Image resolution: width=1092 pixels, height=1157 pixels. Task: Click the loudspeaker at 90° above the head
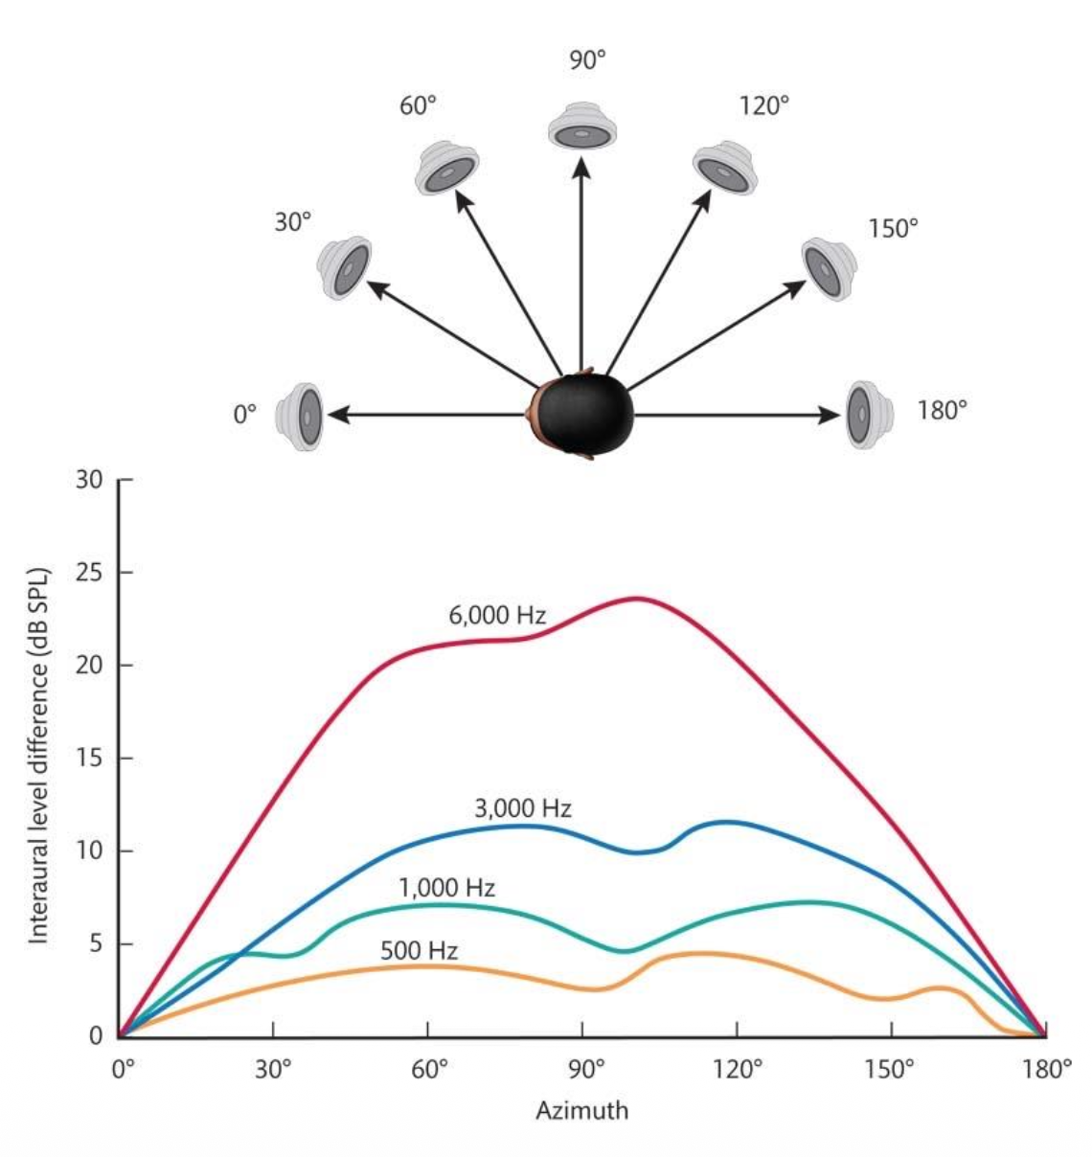tap(580, 126)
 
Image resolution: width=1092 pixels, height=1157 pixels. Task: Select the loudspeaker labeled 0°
tap(300, 417)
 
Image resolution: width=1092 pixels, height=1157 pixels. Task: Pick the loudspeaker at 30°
tap(345, 267)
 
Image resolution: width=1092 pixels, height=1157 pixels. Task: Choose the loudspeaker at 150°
tap(829, 268)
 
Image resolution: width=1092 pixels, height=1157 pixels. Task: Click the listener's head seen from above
tap(582, 415)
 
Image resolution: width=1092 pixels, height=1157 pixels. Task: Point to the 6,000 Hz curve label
tap(497, 616)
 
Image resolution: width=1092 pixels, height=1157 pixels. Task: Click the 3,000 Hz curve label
tap(523, 808)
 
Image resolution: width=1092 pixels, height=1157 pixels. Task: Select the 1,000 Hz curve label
tap(447, 888)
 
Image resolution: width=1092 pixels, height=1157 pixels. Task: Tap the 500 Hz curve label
tap(419, 951)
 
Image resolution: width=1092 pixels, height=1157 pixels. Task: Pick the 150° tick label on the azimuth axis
tap(890, 1069)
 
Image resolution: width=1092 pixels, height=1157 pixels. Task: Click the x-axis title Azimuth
tap(581, 1111)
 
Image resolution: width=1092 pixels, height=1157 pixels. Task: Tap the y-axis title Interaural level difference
tap(38, 757)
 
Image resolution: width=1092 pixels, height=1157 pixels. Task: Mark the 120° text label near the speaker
tap(763, 105)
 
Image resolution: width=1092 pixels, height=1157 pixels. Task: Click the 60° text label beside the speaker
tap(418, 105)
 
